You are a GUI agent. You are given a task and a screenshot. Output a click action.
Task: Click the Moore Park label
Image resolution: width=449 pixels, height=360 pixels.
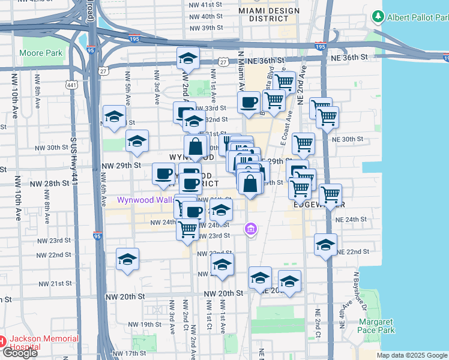41,53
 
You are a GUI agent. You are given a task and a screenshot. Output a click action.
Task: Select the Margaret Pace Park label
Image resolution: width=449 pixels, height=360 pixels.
376,326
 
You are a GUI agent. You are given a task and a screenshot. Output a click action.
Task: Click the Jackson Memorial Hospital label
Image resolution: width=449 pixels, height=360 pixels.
41,343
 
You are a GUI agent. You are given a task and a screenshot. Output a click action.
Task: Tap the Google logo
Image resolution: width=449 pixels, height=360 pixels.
20,353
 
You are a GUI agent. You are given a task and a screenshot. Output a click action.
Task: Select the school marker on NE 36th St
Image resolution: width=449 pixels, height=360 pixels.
188,59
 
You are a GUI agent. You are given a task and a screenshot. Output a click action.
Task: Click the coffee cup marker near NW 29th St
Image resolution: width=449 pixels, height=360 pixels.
163,174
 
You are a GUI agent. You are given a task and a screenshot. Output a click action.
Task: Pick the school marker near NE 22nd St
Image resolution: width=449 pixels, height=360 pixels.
325,245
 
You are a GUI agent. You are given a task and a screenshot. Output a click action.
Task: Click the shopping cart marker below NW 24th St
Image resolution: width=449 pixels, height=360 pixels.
188,229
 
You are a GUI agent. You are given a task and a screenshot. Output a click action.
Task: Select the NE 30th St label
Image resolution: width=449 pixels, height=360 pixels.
349,139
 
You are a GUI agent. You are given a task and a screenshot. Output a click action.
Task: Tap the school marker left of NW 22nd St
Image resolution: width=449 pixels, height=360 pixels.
127,259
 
